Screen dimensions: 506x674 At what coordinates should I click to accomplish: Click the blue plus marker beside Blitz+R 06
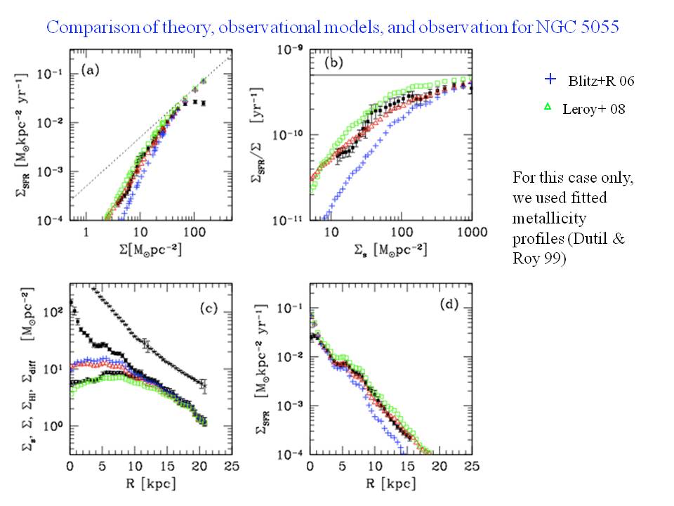pyautogui.click(x=553, y=80)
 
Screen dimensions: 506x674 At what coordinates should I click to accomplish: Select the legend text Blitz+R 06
pyautogui.click(x=600, y=82)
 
